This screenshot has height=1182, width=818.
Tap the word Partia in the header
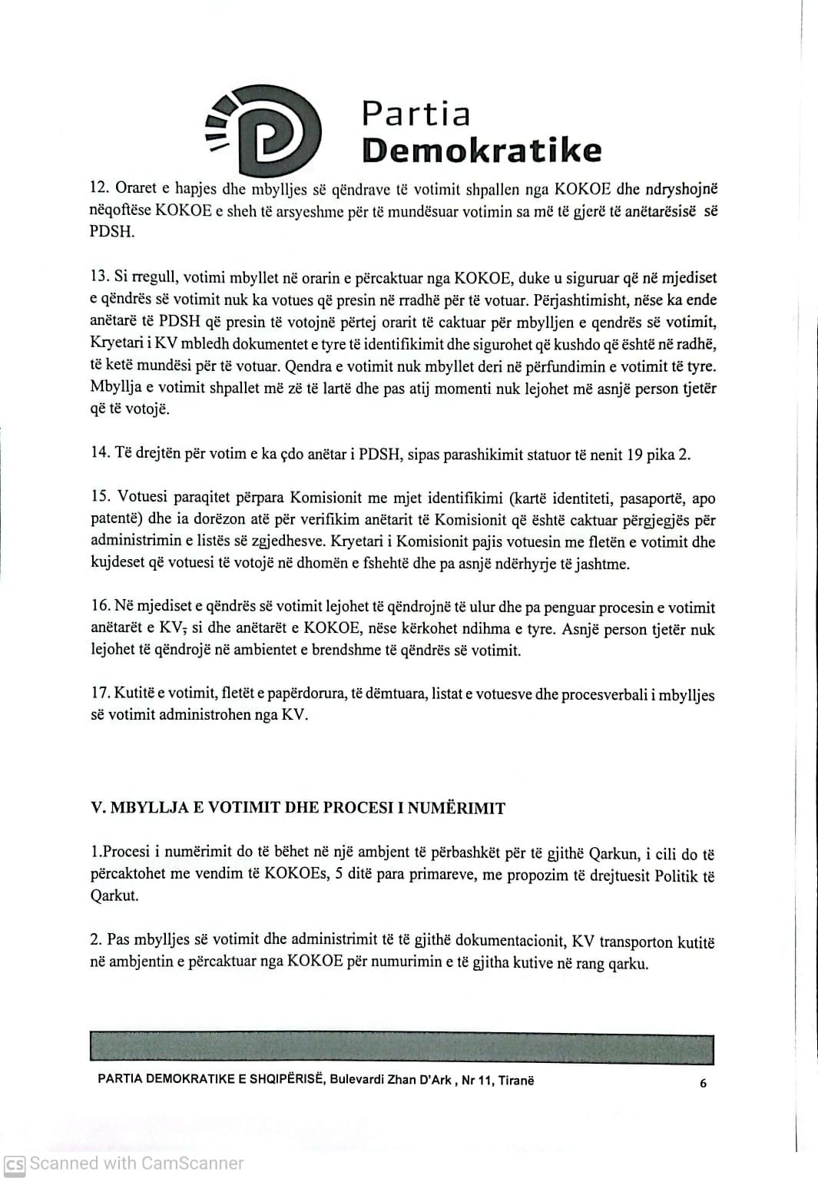[416, 114]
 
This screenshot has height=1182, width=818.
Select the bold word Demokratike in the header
[482, 151]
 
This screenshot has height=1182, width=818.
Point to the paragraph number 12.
[99, 188]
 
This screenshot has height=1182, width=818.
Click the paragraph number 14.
[100, 452]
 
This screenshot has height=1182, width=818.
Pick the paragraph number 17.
[100, 693]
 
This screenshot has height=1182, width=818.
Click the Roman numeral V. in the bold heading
[98, 808]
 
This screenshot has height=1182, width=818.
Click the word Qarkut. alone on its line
[114, 896]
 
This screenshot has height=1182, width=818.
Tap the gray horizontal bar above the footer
[402, 1049]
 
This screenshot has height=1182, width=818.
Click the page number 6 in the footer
[704, 1083]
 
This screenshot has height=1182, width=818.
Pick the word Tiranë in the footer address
[515, 1081]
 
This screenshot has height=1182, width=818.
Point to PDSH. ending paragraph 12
[112, 232]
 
